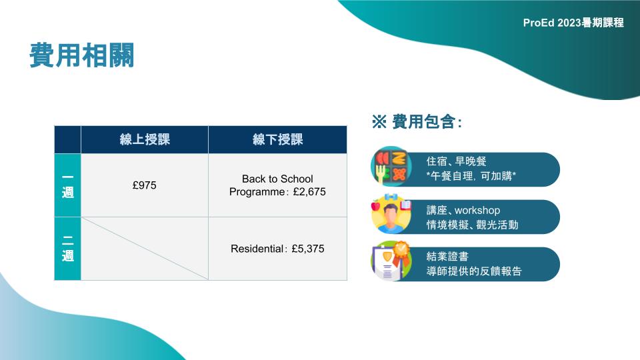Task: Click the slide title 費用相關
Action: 81,55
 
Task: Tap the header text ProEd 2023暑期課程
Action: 573,23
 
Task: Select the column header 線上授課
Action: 145,139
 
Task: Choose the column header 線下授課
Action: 277,139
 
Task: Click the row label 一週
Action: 68,185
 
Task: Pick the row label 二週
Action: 68,249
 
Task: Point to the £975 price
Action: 145,185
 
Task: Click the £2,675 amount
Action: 309,192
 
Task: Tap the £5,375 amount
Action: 308,249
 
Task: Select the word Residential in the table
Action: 257,249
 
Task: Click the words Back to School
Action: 277,179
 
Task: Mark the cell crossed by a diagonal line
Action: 145,249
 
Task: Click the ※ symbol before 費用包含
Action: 379,121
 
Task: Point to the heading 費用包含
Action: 424,121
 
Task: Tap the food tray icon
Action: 391,167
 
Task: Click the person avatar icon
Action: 391,214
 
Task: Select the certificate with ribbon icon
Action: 391,261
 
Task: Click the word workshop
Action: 477,210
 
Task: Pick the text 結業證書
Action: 447,256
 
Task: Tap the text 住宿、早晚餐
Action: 456,161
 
